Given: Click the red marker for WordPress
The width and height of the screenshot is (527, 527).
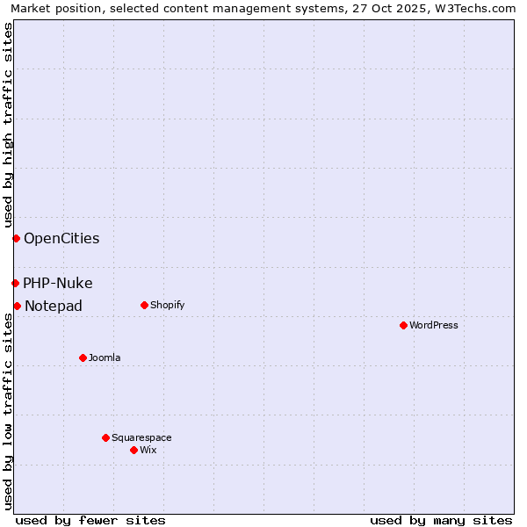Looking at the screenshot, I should click(x=403, y=325).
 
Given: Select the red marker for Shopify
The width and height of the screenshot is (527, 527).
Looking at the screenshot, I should click(x=144, y=305).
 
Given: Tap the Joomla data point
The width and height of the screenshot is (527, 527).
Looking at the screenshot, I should click(x=83, y=357).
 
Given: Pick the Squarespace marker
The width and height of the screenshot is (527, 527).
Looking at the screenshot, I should click(x=105, y=437).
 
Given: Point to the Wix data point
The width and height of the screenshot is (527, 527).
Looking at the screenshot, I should click(x=134, y=450).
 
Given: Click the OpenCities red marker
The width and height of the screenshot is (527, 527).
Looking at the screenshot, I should click(x=16, y=238).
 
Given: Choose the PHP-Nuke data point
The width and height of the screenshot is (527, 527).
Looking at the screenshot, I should click(x=15, y=283).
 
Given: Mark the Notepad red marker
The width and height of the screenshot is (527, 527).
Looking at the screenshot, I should click(x=17, y=306).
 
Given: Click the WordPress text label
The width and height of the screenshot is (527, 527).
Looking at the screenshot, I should click(x=434, y=325).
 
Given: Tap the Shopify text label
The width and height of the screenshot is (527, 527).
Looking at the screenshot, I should click(x=167, y=305).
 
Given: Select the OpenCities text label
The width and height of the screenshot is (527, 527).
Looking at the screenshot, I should click(x=61, y=238).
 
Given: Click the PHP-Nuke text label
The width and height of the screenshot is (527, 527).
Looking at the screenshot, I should click(x=58, y=283).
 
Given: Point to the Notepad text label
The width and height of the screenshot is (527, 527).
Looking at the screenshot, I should click(x=54, y=306).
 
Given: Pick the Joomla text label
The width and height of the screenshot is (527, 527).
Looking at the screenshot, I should click(x=105, y=357).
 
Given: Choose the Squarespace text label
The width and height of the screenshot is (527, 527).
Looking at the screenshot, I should click(x=141, y=437).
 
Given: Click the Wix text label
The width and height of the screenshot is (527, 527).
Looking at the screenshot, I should click(x=148, y=450).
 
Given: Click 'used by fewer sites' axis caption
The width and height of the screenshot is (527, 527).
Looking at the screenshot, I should click(x=90, y=520).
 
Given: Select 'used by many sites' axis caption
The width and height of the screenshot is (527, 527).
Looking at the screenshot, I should click(x=441, y=520).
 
